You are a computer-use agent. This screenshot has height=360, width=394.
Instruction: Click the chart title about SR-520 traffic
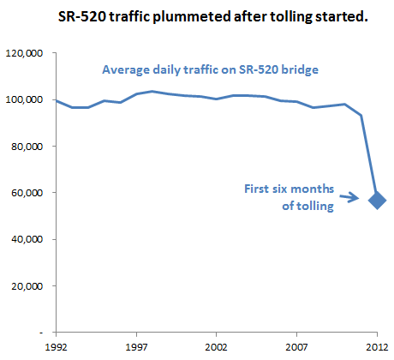[212, 16]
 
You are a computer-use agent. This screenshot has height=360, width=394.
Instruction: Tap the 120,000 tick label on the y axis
[24, 53]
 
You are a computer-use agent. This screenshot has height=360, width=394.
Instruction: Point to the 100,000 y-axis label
[24, 99]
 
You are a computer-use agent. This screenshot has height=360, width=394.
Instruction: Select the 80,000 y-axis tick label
[27, 147]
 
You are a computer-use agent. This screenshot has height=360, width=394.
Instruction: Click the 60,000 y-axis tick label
[27, 193]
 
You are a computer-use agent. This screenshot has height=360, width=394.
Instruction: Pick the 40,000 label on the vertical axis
[27, 239]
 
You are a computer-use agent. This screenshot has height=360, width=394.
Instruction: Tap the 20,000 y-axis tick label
[27, 285]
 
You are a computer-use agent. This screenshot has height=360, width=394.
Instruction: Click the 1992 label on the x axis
[57, 347]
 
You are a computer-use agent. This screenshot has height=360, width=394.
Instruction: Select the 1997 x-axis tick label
[136, 347]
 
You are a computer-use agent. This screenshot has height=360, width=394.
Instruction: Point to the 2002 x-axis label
[217, 347]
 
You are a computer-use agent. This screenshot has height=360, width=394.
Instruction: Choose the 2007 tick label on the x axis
[297, 347]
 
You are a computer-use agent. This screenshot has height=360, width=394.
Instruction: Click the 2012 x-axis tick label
[377, 347]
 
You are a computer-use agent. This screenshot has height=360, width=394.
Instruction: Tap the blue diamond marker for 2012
[377, 201]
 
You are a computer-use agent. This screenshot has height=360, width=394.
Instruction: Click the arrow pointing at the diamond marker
[349, 197]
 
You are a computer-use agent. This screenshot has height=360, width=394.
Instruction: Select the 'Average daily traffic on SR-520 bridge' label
[210, 70]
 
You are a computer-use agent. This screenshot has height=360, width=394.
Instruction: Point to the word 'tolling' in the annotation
[315, 206]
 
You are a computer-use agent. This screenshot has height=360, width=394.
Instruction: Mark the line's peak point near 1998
[152, 92]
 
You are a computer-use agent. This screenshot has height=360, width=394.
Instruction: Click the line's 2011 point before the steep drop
[361, 116]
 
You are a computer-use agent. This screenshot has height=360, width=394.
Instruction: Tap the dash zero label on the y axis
[41, 333]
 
